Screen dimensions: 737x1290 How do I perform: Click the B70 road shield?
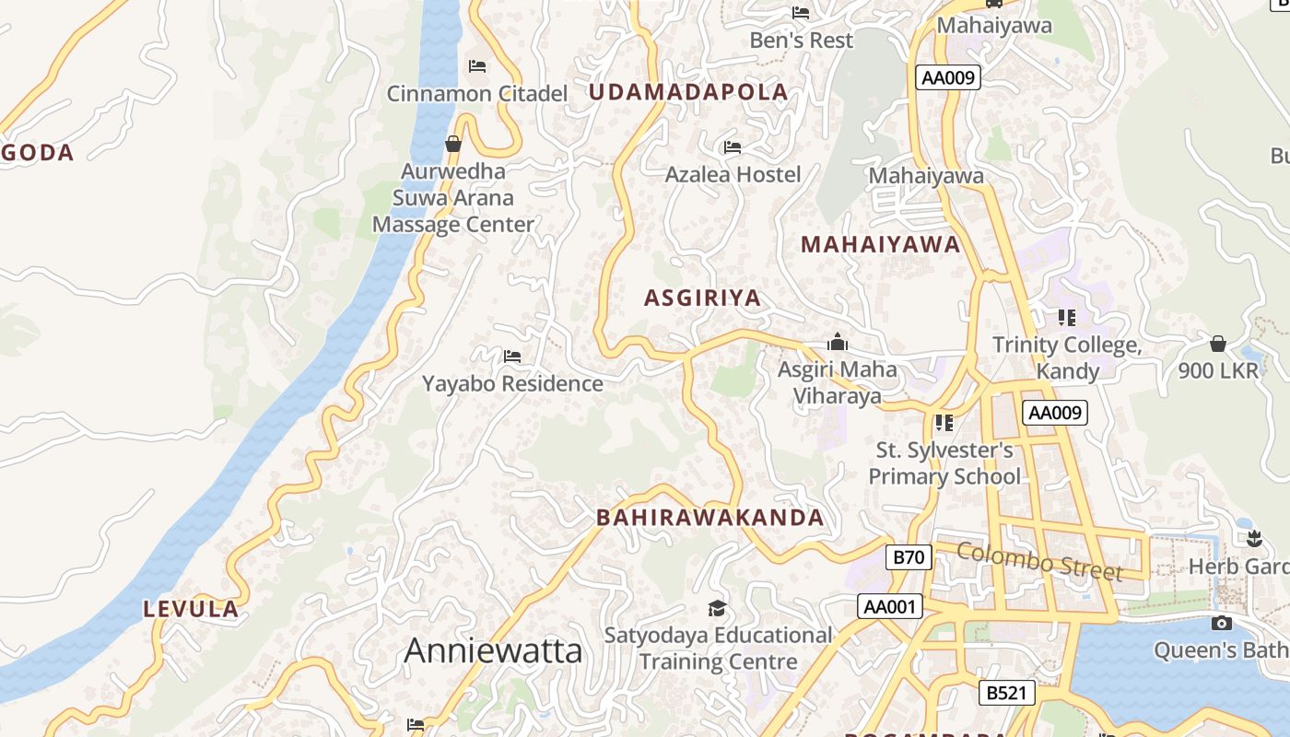(x=909, y=556)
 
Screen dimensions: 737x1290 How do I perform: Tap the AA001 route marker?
(x=889, y=606)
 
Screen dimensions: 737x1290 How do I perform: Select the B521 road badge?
(x=1005, y=693)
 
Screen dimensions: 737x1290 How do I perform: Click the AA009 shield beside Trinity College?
(x=1054, y=413)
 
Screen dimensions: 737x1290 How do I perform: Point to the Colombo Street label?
(x=1039, y=561)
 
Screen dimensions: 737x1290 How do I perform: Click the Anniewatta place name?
(x=493, y=650)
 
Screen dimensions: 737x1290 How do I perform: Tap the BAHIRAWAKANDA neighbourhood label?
(x=709, y=518)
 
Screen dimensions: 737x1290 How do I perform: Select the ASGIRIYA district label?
(x=702, y=298)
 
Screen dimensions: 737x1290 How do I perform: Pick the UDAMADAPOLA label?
(x=688, y=92)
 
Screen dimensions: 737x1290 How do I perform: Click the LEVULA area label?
(x=192, y=609)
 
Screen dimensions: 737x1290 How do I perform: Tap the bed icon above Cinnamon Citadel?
(x=477, y=66)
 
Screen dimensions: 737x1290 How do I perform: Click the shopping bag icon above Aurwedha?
(x=452, y=144)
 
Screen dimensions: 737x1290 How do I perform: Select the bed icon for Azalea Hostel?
(x=733, y=147)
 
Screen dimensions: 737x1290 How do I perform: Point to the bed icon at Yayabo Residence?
(x=512, y=357)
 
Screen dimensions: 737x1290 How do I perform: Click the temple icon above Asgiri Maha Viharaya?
(x=837, y=343)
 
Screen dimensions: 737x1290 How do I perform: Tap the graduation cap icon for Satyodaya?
(x=717, y=608)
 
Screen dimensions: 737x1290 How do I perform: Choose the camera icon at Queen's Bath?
(x=1221, y=624)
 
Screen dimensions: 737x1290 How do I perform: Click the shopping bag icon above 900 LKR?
(x=1217, y=344)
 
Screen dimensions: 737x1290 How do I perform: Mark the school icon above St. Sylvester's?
(x=944, y=423)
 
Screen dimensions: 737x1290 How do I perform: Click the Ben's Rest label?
(x=801, y=41)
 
